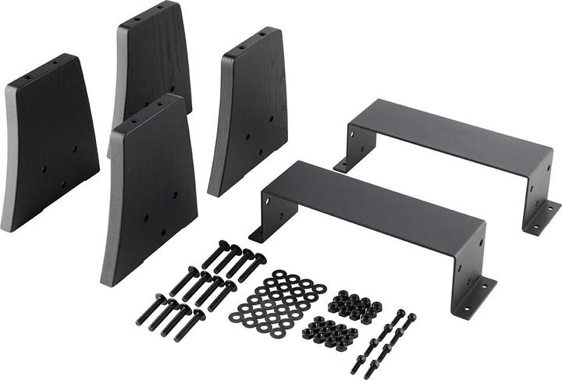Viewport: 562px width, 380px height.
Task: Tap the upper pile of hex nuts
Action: [x=354, y=304]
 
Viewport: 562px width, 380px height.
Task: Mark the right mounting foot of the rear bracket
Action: [x=542, y=217]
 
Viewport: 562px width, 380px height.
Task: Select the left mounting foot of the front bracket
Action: [x=259, y=232]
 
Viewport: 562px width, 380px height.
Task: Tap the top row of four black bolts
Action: [x=234, y=261]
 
